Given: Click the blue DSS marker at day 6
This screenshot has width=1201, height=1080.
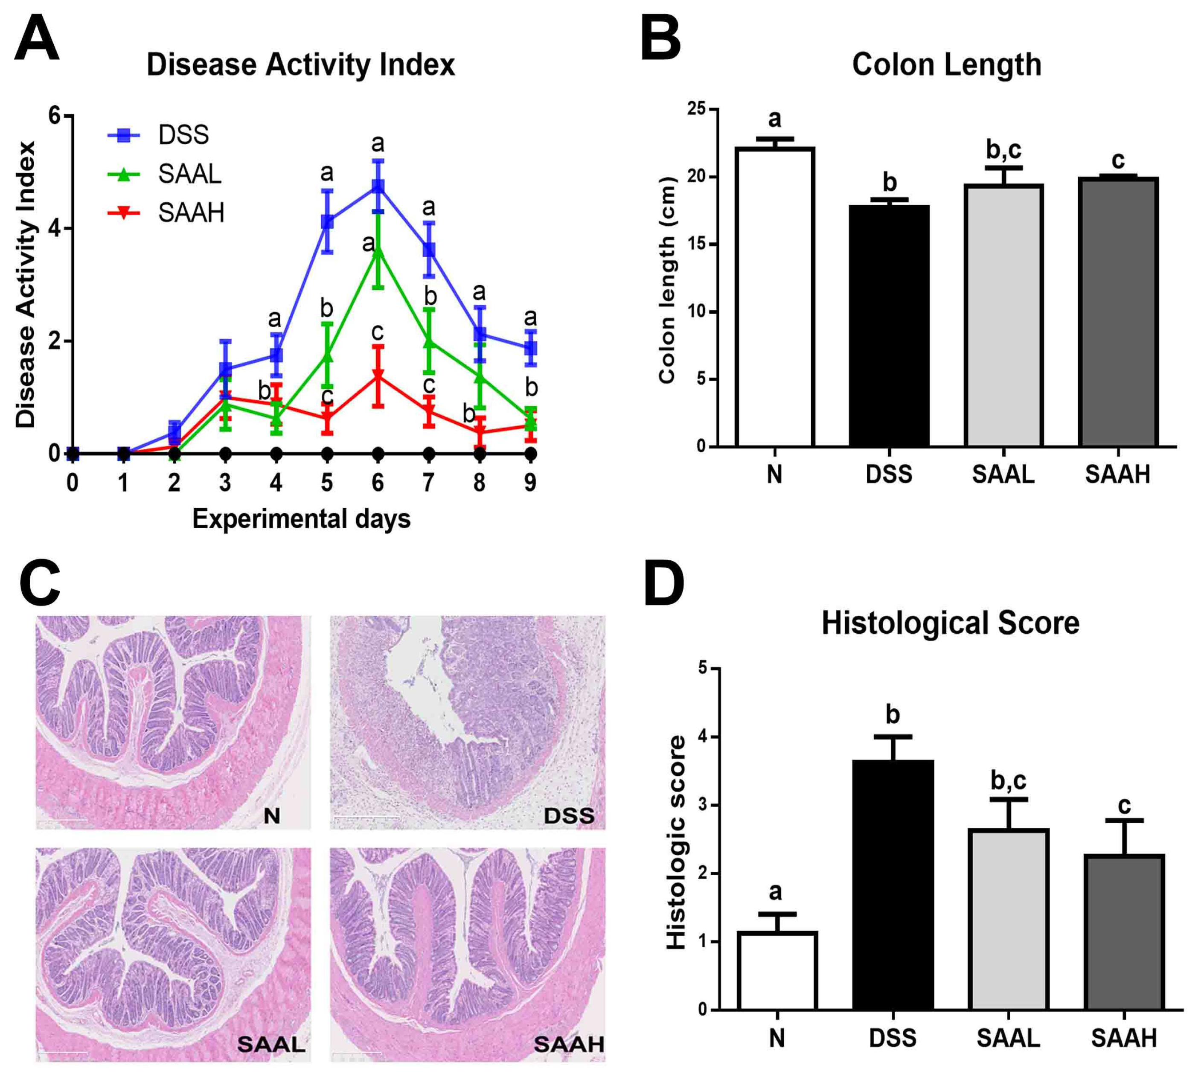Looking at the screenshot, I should coord(378,186).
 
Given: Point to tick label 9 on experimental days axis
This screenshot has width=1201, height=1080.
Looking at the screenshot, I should coord(530,483).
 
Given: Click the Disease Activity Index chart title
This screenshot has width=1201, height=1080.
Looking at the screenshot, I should coord(300,64).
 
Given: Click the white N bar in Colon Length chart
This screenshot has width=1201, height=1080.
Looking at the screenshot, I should coord(774,297).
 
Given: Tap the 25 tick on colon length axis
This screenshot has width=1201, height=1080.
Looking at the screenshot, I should coord(697,109).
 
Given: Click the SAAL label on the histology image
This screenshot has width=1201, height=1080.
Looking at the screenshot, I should coord(271,1045).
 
